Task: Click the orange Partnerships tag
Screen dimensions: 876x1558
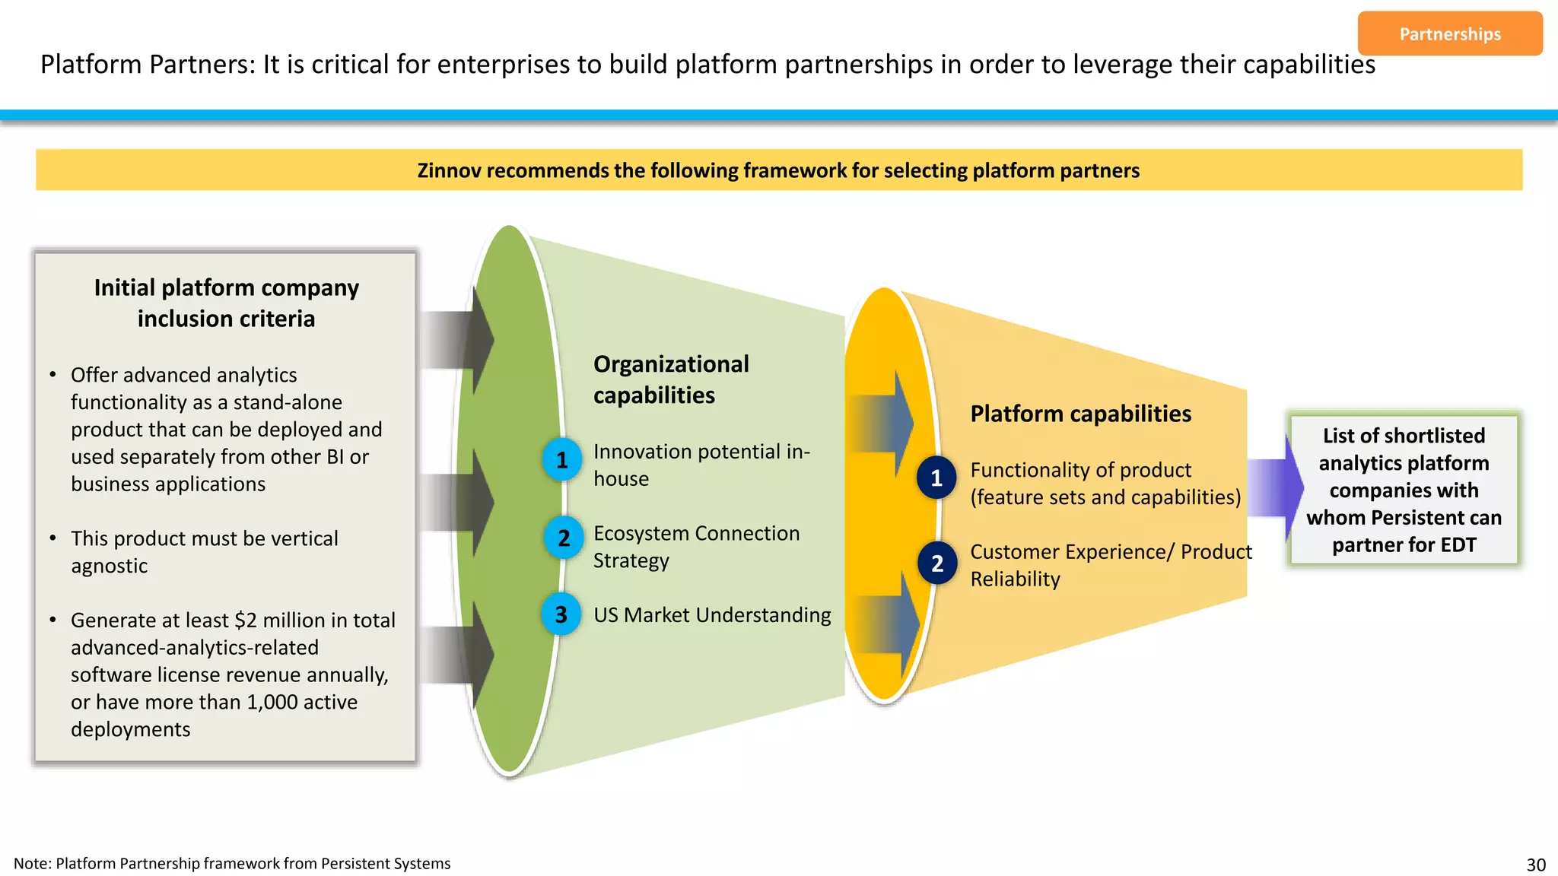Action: [x=1449, y=33]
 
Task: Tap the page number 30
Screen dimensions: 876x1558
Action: [x=1535, y=865]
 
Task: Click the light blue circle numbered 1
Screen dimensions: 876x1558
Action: [x=562, y=460]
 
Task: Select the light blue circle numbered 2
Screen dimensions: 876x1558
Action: [x=564, y=538]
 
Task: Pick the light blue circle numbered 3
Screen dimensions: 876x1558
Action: [x=561, y=614]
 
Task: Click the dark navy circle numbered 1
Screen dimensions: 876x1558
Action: [x=936, y=478]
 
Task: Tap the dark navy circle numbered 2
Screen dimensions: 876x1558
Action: [x=936, y=563]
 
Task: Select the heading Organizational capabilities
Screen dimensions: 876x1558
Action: [x=670, y=379]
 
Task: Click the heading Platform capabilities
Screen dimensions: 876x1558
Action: [x=1080, y=414]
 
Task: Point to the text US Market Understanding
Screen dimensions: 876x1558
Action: [x=712, y=614]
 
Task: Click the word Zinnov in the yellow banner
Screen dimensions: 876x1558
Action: [x=449, y=170]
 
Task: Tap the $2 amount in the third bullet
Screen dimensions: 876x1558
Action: [x=246, y=620]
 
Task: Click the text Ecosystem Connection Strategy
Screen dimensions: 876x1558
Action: [x=696, y=547]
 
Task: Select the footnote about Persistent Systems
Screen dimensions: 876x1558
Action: [x=232, y=864]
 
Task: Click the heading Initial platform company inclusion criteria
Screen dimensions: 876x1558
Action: [x=226, y=303]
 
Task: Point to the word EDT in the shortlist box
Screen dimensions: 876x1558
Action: [x=1458, y=545]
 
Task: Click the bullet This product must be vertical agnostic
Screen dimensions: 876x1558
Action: [x=204, y=552]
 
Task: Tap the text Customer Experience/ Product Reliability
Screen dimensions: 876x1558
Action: [x=1110, y=565]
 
